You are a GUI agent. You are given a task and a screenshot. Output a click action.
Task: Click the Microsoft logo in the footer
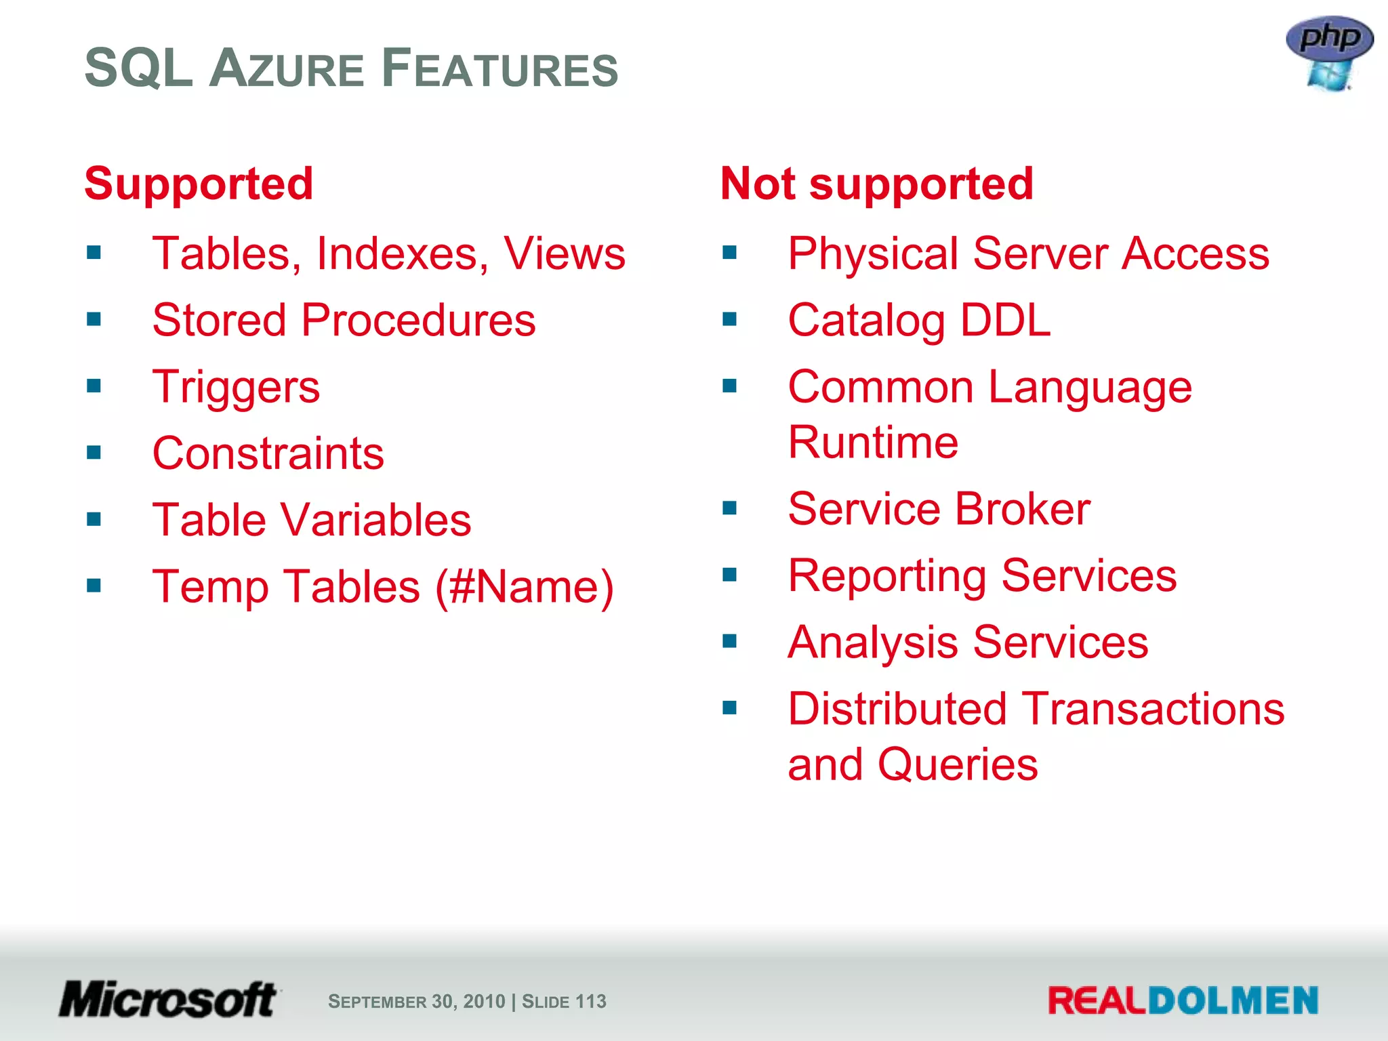coord(167,1000)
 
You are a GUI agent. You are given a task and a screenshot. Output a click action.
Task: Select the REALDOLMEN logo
coord(1183,1000)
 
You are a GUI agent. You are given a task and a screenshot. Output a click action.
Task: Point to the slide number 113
coord(590,1001)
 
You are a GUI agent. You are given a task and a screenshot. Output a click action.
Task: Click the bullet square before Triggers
coord(94,386)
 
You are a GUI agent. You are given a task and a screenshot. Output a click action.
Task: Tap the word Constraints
coord(268,453)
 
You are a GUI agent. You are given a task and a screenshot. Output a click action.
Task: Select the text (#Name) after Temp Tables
coord(524,586)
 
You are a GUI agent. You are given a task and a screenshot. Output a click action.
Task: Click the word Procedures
coord(418,320)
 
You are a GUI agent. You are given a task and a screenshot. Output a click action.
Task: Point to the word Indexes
coord(402,253)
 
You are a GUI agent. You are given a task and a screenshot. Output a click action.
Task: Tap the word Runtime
coord(873,442)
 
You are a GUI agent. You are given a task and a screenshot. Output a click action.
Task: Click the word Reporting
coord(887,576)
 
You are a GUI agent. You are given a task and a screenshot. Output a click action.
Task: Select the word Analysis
coord(874,642)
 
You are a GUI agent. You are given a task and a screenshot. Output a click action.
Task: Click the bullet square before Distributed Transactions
coord(729,708)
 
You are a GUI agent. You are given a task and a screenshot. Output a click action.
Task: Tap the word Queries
coord(957,764)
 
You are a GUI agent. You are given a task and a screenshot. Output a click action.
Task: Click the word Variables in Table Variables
coord(375,520)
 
